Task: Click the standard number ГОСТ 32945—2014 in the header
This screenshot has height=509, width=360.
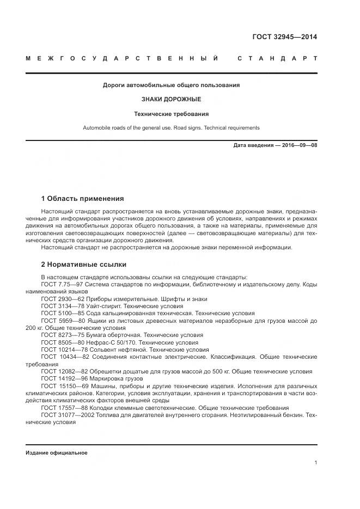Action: click(x=284, y=37)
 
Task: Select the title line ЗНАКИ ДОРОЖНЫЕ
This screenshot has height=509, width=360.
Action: click(x=172, y=100)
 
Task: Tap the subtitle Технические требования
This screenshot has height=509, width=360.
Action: click(x=172, y=114)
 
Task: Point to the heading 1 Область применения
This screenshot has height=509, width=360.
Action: click(x=83, y=199)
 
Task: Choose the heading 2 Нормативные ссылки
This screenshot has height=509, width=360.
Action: click(x=84, y=265)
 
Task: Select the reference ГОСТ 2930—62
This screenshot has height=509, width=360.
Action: click(x=62, y=299)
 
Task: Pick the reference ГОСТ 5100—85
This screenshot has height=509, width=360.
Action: click(x=62, y=314)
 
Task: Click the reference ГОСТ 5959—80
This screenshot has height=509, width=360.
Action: click(x=62, y=321)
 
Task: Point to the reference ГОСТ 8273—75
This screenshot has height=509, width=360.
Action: click(x=62, y=335)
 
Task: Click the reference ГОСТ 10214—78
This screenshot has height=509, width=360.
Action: click(x=63, y=350)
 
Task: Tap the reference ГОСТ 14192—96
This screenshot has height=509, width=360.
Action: click(x=63, y=379)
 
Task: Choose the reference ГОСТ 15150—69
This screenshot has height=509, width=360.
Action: click(x=63, y=386)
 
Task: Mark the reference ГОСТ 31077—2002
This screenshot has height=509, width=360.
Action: click(x=67, y=415)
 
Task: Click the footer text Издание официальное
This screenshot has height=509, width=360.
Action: click(x=56, y=453)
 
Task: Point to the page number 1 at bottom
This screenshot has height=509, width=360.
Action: click(x=316, y=463)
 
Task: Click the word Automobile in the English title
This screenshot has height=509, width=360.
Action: click(x=96, y=128)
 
